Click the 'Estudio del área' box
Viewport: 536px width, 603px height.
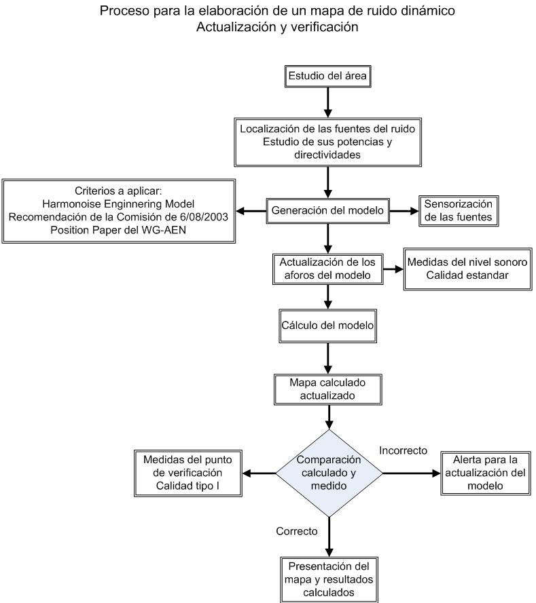coord(327,76)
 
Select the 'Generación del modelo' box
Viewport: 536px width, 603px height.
coord(327,211)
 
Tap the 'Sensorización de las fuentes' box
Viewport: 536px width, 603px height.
coord(459,211)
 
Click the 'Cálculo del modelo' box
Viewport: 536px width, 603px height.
coord(327,326)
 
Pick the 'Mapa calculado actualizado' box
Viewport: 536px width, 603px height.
coord(327,389)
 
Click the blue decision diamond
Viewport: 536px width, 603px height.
coord(329,473)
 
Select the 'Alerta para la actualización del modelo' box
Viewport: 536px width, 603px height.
coord(486,473)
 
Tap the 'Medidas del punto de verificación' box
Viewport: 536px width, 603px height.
coord(188,473)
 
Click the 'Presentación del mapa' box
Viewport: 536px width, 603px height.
coord(329,579)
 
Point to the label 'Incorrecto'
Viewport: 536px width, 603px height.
coord(403,450)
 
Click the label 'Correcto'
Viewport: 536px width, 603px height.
coord(297,532)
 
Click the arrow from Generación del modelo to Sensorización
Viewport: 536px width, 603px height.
coord(404,211)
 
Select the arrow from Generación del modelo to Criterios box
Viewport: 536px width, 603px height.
coord(251,211)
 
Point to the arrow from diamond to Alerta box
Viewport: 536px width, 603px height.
coord(412,473)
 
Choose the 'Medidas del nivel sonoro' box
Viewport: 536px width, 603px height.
coord(468,269)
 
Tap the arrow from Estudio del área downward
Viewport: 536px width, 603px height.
coord(327,102)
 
